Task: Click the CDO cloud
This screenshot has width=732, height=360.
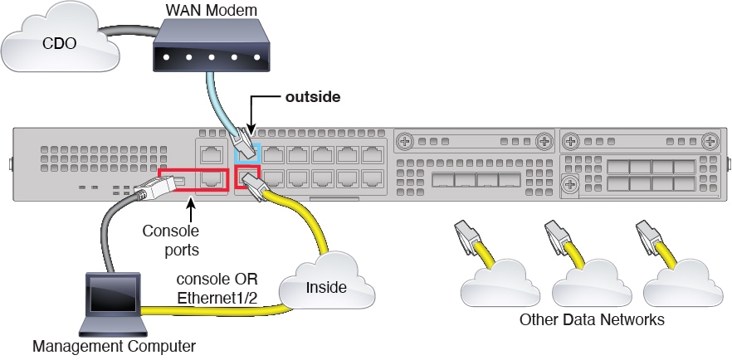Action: point(51,40)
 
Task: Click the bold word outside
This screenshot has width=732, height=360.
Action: point(313,97)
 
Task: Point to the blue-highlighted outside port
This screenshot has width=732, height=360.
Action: point(248,153)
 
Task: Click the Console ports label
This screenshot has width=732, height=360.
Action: point(170,238)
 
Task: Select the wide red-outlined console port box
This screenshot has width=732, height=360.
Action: point(200,178)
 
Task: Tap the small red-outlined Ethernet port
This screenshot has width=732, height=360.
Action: point(246,178)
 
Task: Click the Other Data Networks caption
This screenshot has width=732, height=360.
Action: point(592,319)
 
